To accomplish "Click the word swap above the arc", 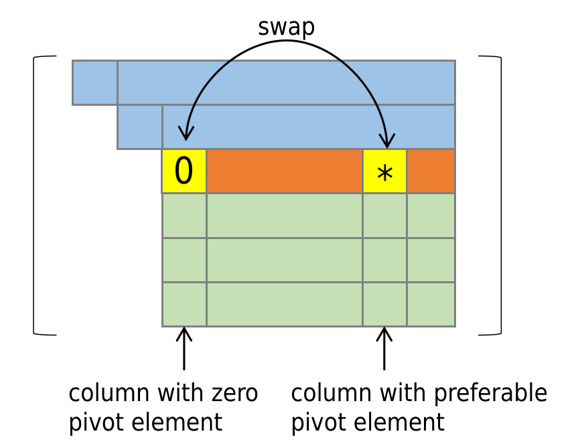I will click(286, 27).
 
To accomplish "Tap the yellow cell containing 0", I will click(184, 171).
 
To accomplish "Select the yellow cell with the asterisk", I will click(384, 171).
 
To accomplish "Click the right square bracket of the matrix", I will click(498, 195).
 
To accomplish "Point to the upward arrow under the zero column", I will click(184, 348).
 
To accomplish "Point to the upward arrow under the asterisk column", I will click(384, 348).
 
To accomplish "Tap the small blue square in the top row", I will click(94, 82).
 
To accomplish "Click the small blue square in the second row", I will click(139, 127).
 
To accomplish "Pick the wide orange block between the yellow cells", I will click(284, 171).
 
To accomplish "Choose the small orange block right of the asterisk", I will click(431, 171).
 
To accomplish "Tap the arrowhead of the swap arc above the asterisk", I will click(386, 142).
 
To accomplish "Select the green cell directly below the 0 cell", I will click(184, 216).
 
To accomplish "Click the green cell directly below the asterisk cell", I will click(384, 216).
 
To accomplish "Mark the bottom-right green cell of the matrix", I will click(431, 305).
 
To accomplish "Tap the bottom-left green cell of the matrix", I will click(184, 305).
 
